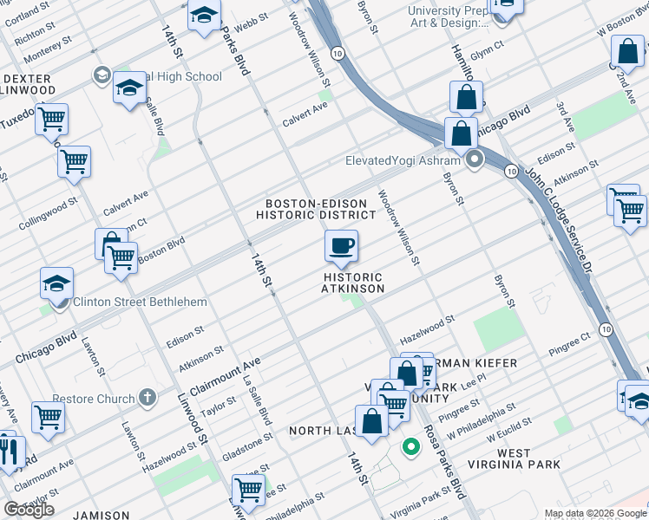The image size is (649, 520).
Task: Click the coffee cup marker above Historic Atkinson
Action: (341, 246)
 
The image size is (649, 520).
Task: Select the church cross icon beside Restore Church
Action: (147, 399)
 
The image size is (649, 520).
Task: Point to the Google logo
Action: (29, 509)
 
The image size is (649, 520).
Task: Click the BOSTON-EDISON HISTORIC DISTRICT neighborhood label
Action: (321, 209)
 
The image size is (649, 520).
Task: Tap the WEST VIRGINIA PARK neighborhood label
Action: (516, 458)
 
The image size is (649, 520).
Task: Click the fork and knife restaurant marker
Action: (10, 452)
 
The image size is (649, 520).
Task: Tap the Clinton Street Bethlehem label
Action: (141, 302)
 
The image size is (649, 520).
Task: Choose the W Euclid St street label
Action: (509, 427)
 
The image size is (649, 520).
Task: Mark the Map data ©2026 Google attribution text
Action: (594, 513)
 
